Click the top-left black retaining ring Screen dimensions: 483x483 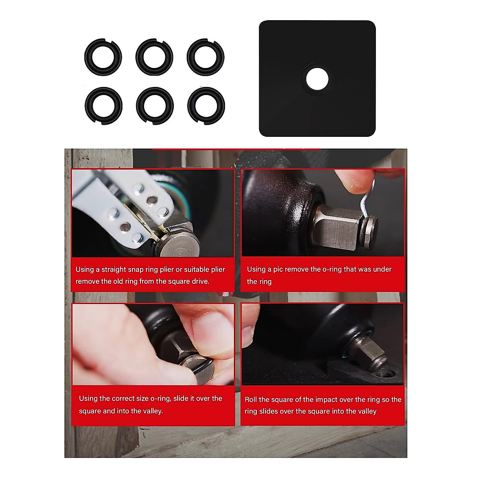(x=103, y=57)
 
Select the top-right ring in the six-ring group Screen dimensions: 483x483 (x=206, y=57)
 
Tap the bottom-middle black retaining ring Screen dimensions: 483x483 (x=155, y=106)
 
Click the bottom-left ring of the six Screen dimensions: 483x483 (x=103, y=106)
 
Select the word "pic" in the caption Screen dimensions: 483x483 (x=281, y=269)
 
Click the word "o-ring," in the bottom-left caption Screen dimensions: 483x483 (x=164, y=398)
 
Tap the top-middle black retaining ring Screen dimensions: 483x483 (x=155, y=57)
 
